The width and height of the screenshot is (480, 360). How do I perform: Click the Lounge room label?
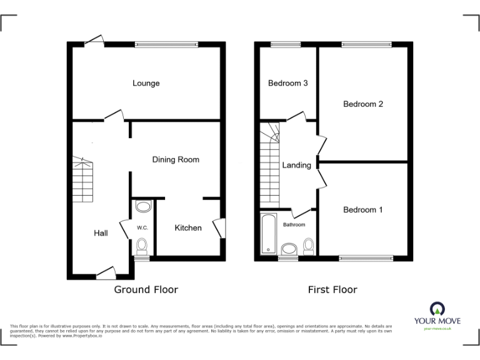tap(146, 83)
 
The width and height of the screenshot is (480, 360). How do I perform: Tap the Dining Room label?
tap(176, 159)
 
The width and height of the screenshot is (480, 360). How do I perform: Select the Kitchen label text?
tap(187, 227)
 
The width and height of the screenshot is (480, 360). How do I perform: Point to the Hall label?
tap(101, 233)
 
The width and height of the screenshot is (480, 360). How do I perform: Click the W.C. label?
tap(142, 227)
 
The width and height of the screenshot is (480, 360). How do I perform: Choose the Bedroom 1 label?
tap(363, 210)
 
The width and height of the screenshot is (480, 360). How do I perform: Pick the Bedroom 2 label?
tap(363, 104)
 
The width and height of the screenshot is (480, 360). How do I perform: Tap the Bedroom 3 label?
tap(287, 83)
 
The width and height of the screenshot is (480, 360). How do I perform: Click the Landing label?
tap(296, 166)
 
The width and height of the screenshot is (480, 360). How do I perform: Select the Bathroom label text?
tap(294, 224)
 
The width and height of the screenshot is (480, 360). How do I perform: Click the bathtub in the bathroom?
tap(268, 234)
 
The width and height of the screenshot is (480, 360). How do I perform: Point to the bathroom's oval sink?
tap(289, 250)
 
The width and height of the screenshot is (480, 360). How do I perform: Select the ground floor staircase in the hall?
tap(82, 181)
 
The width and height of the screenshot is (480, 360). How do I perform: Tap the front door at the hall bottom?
tap(105, 272)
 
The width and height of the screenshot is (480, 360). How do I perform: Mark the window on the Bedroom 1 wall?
tap(366, 257)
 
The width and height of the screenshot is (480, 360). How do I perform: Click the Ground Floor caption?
tap(146, 289)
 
